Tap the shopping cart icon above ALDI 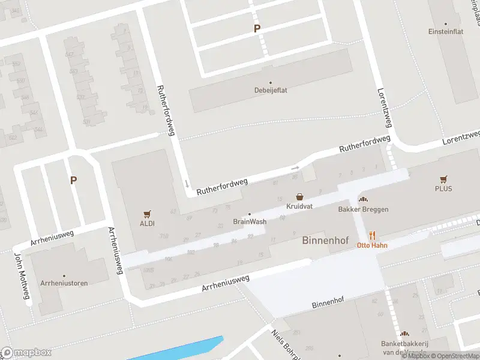[x=147, y=213]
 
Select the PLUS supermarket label [x=443, y=188]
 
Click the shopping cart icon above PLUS [x=443, y=179]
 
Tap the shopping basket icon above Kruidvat [x=299, y=196]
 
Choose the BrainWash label [x=250, y=221]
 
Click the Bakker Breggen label [x=363, y=209]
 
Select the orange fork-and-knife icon [x=372, y=235]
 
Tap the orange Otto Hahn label [x=371, y=245]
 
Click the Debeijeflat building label [x=270, y=91]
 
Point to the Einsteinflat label [x=446, y=32]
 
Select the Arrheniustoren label [x=64, y=282]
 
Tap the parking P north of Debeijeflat [x=257, y=29]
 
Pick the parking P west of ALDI [x=73, y=180]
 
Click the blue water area [x=180, y=351]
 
